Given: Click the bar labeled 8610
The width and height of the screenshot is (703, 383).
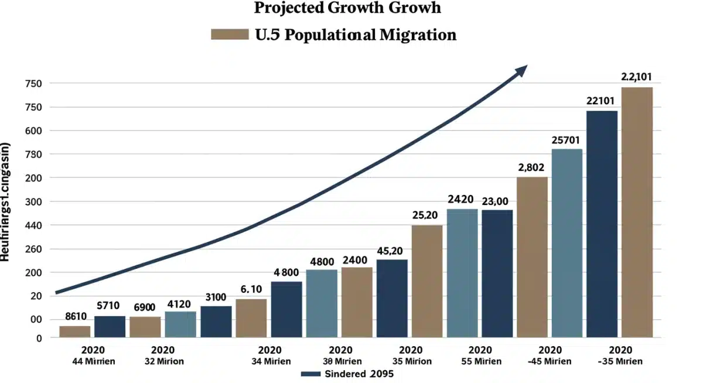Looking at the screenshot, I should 75,331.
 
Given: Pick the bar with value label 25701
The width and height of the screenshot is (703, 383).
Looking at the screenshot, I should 567,243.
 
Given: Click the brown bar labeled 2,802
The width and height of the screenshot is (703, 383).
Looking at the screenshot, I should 532,257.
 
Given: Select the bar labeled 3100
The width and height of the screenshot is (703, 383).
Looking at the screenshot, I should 216,322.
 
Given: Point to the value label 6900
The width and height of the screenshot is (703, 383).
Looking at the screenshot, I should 145,307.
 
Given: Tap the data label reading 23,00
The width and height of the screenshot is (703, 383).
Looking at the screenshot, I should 496,201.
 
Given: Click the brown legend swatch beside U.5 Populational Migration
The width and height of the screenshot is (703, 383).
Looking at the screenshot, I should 230,35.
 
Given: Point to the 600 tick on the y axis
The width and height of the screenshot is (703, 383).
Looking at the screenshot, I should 33,131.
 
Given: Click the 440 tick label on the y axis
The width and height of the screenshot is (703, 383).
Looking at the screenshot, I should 33,225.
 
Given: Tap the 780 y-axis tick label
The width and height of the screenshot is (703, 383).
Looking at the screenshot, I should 33,155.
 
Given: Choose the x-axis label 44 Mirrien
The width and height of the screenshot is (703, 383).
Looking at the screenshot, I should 93,361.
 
